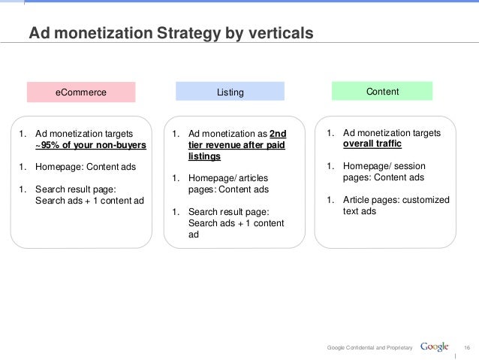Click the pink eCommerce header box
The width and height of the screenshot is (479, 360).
click(80, 92)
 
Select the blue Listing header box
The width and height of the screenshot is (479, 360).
click(230, 92)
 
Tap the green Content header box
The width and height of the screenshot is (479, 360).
click(382, 91)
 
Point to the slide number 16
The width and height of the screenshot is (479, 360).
click(466, 347)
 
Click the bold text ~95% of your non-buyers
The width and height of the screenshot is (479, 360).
click(91, 146)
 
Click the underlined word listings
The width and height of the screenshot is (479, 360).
click(204, 157)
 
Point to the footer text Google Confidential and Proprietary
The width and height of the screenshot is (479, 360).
click(370, 347)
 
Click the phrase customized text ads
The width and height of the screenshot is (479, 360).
click(396, 205)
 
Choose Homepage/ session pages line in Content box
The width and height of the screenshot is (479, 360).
click(383, 172)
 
